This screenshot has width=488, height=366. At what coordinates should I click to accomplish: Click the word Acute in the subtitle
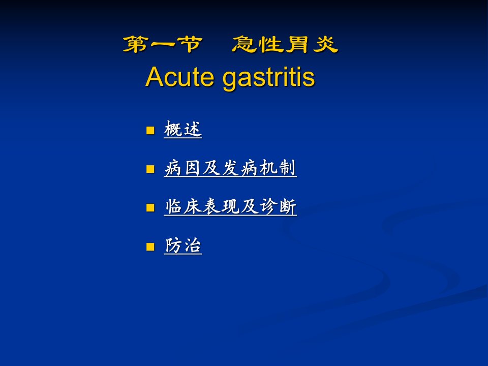pyautogui.click(x=179, y=77)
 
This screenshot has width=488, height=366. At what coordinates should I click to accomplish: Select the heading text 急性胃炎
pyautogui.click(x=285, y=44)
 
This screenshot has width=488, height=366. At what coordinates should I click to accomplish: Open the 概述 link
pyautogui.click(x=182, y=129)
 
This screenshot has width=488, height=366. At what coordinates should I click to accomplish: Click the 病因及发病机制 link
pyautogui.click(x=230, y=168)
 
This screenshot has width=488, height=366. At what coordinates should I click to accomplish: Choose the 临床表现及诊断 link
pyautogui.click(x=230, y=207)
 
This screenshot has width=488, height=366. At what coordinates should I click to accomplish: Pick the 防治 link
pyautogui.click(x=182, y=246)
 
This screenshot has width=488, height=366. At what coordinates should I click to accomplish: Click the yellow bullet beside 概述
pyautogui.click(x=150, y=130)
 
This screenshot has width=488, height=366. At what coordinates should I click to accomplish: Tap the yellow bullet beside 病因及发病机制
pyautogui.click(x=150, y=169)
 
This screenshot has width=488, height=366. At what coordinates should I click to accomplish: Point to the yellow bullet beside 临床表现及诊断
pyautogui.click(x=150, y=207)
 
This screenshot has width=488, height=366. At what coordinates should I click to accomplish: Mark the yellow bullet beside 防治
pyautogui.click(x=150, y=247)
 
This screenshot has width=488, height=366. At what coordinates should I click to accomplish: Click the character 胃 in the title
pyautogui.click(x=297, y=44)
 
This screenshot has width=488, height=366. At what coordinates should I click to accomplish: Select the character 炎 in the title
pyautogui.click(x=325, y=44)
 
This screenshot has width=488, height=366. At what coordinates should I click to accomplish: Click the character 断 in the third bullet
pyautogui.click(x=288, y=207)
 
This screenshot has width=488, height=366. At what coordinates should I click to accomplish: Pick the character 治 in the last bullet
pyautogui.click(x=193, y=246)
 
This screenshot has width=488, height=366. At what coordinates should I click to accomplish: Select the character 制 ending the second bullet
pyautogui.click(x=287, y=168)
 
